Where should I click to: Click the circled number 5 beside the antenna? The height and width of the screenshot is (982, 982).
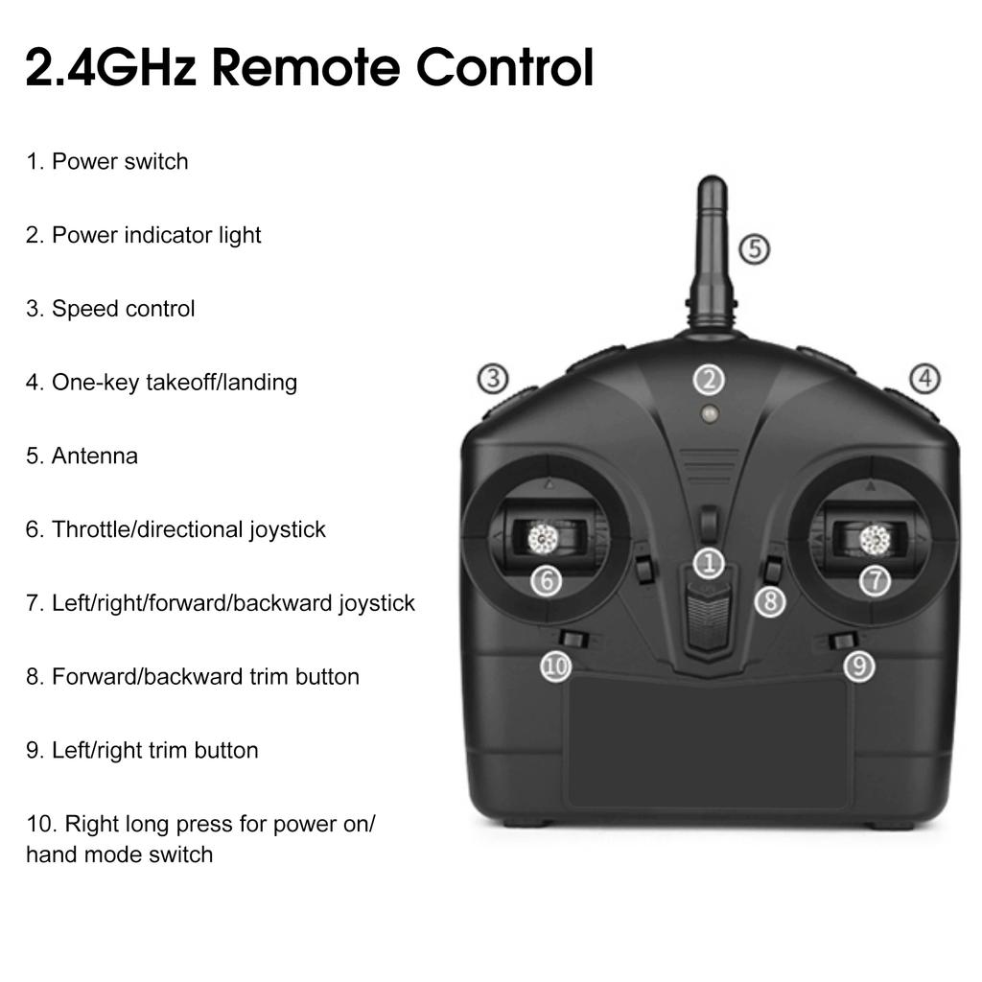coord(755,249)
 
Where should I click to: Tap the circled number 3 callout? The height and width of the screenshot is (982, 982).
coord(493,379)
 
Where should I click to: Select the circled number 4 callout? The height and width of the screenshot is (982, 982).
coord(924,379)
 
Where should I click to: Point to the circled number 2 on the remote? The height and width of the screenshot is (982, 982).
coord(709,380)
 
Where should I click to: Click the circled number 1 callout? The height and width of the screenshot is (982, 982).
coord(709,563)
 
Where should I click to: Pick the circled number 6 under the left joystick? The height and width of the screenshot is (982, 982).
coord(546,579)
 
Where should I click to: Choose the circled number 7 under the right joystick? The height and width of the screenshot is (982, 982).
coord(875,579)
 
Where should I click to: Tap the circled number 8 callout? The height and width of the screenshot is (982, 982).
coord(770,601)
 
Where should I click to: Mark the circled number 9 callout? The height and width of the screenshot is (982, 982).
coord(858,666)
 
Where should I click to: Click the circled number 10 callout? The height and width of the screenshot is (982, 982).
coord(556,666)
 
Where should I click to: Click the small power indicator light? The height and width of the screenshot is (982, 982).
coord(710,414)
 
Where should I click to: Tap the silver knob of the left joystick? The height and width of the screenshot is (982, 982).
coord(543,539)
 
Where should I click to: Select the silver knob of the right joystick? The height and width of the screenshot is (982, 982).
coord(875,540)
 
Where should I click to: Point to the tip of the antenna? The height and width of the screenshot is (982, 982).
coord(712,182)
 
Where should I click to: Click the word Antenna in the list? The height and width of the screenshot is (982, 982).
coord(94,456)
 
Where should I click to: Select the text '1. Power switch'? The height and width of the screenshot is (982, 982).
coord(106,161)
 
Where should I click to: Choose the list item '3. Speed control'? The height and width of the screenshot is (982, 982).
coord(110,309)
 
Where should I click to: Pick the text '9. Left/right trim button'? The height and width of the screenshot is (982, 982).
coord(142,750)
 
